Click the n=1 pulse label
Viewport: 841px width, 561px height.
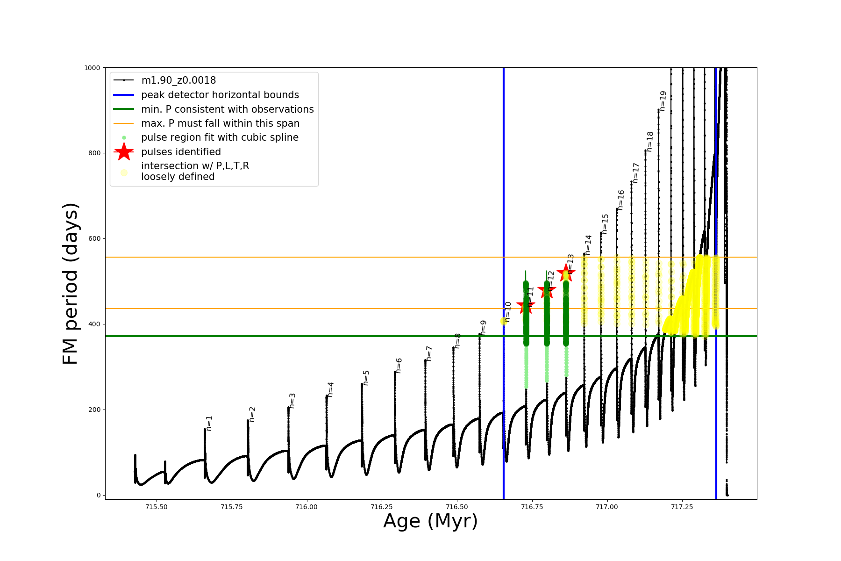click(209, 423)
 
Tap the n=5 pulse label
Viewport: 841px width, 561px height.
click(366, 378)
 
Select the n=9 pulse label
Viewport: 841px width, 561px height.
click(484, 327)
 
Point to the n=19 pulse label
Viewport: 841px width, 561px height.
click(663, 101)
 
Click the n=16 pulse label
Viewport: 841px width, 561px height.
click(621, 200)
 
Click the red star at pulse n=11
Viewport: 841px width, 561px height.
click(526, 306)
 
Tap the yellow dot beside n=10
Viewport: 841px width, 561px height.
click(504, 321)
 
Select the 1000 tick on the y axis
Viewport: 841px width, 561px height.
click(92, 68)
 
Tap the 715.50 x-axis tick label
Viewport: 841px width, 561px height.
click(157, 507)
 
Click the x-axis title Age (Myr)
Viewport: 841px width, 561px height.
click(430, 521)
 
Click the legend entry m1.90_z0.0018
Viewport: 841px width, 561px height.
click(178, 80)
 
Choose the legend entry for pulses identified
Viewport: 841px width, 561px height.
click(181, 152)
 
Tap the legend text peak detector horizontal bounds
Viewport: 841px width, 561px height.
click(220, 95)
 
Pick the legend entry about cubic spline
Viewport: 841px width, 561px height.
click(220, 137)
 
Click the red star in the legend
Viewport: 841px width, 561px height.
click(124, 152)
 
